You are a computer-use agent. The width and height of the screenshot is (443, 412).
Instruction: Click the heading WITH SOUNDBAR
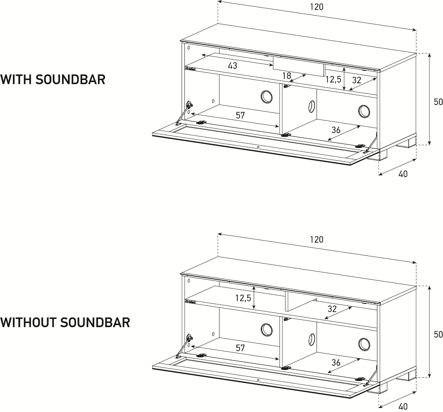[x=53, y=79]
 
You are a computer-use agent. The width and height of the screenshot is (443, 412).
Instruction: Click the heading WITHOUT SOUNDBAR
[x=65, y=322]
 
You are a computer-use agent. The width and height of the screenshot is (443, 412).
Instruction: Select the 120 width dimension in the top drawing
[x=317, y=7]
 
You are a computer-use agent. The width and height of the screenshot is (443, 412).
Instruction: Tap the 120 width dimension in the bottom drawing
[x=317, y=239]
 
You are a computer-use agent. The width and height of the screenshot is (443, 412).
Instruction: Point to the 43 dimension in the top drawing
[x=232, y=66]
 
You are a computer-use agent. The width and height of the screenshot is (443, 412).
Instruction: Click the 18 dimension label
[x=287, y=76]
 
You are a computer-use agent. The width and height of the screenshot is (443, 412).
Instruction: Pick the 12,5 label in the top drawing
[x=333, y=80]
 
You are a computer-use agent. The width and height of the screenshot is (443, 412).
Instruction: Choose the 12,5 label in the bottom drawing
[x=243, y=298]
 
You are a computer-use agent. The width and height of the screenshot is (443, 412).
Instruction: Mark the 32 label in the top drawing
[x=356, y=80]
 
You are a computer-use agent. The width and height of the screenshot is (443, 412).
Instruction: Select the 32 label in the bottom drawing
[x=332, y=309]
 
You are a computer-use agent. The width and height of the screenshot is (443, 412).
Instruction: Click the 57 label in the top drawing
[x=240, y=115]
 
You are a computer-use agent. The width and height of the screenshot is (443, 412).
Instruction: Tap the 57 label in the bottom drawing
[x=240, y=348]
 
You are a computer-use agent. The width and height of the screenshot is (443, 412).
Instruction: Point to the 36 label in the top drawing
[x=336, y=130]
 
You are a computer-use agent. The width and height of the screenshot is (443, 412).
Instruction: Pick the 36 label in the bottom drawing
[x=336, y=362]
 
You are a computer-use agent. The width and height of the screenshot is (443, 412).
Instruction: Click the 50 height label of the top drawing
[x=438, y=102]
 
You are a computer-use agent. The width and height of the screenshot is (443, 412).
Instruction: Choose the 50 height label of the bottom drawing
[x=438, y=334]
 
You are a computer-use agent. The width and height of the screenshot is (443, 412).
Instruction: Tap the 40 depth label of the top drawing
[x=403, y=174]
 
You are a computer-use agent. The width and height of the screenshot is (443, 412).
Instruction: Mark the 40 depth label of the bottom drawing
[x=403, y=406]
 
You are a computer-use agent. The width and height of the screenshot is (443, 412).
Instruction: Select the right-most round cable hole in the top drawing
[x=364, y=111]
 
